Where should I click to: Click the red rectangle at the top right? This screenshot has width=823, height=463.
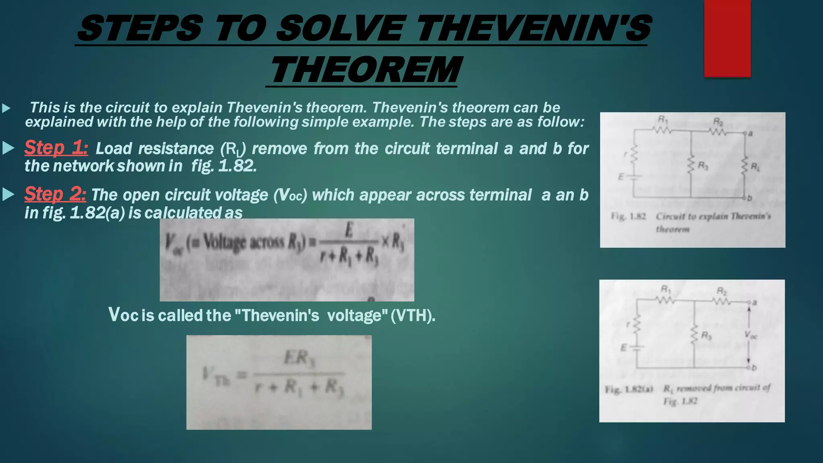[x=727, y=38]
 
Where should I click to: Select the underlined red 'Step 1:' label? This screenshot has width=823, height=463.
[x=56, y=148]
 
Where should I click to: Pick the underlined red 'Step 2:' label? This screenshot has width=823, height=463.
[x=55, y=194]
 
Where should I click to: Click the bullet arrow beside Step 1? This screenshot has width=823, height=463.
[x=8, y=148]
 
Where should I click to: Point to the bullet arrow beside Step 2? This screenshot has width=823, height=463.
[x=8, y=195]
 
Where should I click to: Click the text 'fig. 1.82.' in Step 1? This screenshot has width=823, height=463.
[x=224, y=166]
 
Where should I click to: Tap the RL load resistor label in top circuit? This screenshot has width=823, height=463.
[x=755, y=166]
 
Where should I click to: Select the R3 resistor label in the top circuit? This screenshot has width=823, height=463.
[x=702, y=165]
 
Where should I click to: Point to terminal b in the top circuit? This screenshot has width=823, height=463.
[x=749, y=198]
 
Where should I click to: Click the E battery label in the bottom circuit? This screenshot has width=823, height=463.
[x=624, y=348]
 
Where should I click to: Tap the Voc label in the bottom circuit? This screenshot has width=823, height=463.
[x=750, y=335]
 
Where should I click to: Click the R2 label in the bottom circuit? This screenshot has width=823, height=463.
[x=722, y=291]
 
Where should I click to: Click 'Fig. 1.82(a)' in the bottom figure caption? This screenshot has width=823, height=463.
[x=629, y=389]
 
